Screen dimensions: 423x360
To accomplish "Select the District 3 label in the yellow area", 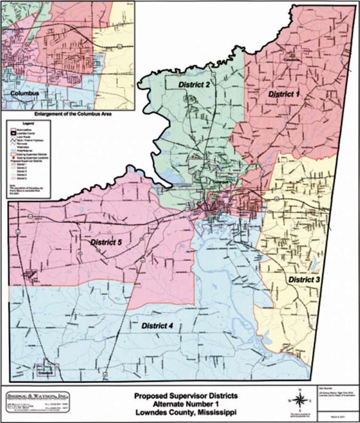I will tap(304, 279).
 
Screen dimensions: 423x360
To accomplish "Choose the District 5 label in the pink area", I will tap(106, 243).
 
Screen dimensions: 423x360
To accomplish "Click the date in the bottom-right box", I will tap(339, 415).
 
